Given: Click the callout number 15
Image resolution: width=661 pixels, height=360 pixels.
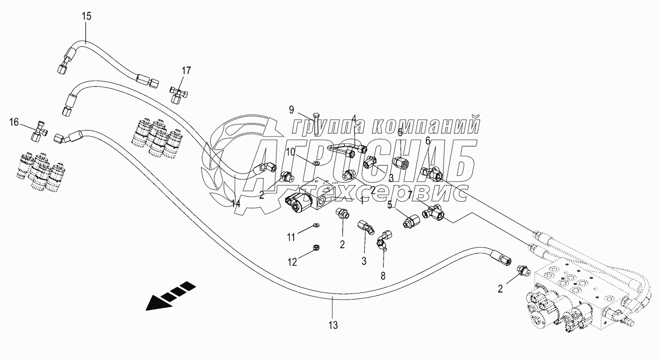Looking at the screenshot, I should pos(87,16).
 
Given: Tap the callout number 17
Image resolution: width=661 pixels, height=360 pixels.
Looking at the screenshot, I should pos(186,71).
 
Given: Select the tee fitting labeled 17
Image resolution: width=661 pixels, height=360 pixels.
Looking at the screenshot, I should pos(177,93).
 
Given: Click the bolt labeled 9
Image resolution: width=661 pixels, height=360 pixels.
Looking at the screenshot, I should pos(315,124).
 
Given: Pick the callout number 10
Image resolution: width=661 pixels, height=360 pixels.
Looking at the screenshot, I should pos(291,152).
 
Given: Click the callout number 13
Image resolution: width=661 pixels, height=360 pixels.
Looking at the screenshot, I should pos(333,325).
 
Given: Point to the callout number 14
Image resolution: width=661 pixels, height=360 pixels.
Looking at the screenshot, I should pos(236,204).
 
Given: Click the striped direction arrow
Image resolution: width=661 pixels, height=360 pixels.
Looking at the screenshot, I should pos(170,295).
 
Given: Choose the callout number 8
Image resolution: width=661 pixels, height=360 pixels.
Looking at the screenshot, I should pos(382,276).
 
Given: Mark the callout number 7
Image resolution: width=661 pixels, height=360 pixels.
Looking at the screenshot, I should pos(410,194).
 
